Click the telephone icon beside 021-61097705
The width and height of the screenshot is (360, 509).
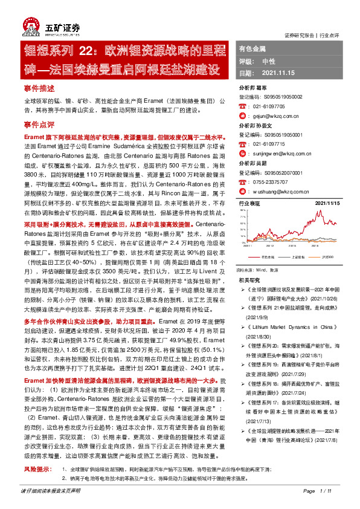click(243, 105)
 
